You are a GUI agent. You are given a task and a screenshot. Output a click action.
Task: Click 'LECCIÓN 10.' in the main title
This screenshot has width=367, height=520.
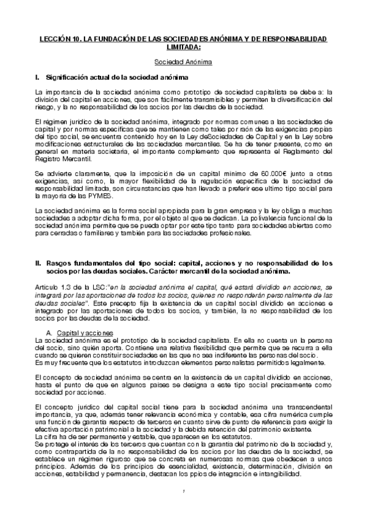point(56,39)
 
